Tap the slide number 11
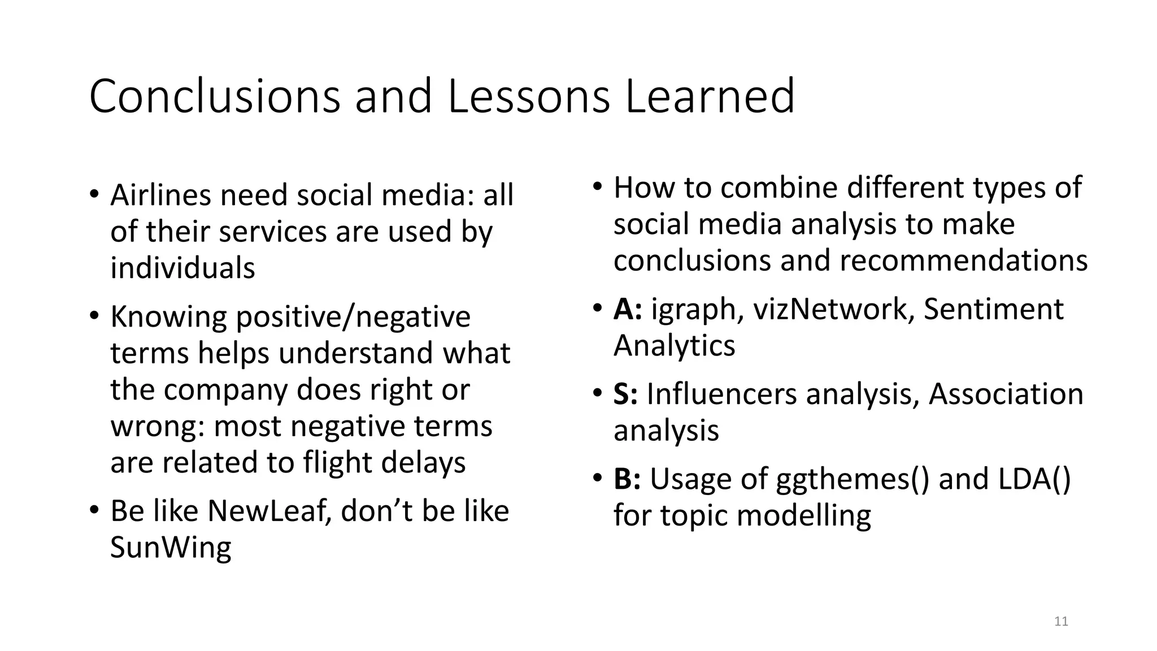click(1061, 622)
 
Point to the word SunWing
click(171, 548)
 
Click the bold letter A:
click(628, 309)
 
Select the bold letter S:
click(625, 394)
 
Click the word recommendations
click(963, 261)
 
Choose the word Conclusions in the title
click(215, 96)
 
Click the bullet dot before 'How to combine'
click(597, 186)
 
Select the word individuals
click(182, 268)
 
